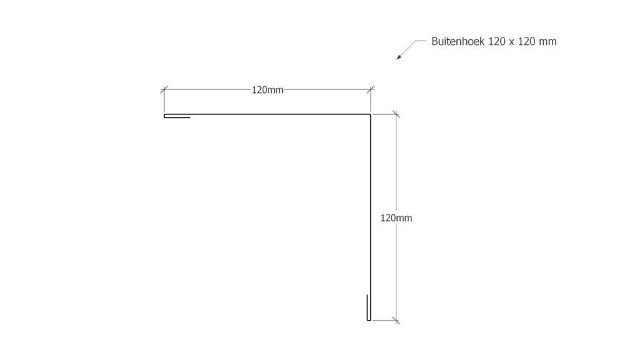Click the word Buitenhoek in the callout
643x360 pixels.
click(458, 41)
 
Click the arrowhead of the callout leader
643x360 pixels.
click(398, 57)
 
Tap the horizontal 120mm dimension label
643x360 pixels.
click(267, 90)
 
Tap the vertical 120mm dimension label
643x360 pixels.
click(396, 218)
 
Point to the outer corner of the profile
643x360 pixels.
click(370, 114)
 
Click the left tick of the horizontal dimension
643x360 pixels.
click(164, 89)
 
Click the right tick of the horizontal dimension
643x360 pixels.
click(371, 89)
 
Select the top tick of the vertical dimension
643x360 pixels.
click(396, 114)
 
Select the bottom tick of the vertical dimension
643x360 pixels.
click(396, 320)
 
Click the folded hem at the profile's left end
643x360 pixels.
click(177, 117)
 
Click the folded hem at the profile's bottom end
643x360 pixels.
click(369, 308)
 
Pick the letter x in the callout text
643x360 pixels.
click(511, 42)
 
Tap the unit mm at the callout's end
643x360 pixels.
click(548, 42)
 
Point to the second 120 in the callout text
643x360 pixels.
click(526, 41)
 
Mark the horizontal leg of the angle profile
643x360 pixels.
click(267, 114)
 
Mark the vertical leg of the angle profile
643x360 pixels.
click(370, 217)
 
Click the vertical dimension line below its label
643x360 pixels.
click(396, 271)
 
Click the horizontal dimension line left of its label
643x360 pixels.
click(207, 89)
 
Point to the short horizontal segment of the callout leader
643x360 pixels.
click(421, 41)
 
